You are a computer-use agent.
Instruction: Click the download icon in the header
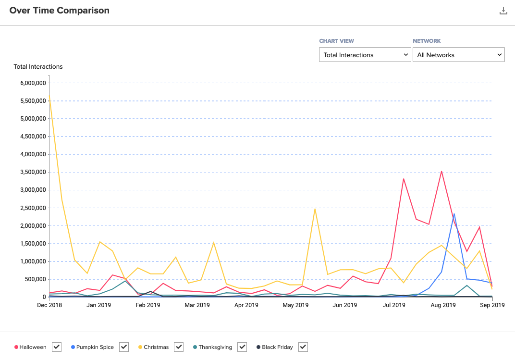(x=503, y=11)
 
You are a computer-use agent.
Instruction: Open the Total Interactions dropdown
(x=364, y=55)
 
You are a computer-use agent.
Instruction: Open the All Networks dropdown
(x=458, y=55)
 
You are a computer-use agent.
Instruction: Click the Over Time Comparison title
(x=60, y=11)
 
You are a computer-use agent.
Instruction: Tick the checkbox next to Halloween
(x=57, y=347)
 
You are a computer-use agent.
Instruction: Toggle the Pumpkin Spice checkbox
(x=124, y=347)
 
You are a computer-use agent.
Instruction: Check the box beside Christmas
(x=179, y=347)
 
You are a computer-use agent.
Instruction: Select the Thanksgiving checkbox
(x=242, y=347)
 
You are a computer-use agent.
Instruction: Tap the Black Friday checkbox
(x=303, y=347)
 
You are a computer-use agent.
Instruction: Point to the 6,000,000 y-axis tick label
(x=30, y=83)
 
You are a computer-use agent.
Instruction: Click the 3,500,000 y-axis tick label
(x=30, y=172)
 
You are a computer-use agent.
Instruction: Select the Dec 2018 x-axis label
(x=49, y=305)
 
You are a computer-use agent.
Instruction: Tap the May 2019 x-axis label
(x=295, y=305)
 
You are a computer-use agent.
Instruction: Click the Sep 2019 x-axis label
(x=492, y=305)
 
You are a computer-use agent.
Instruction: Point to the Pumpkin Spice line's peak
(x=454, y=214)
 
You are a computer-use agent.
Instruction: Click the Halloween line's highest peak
(x=441, y=171)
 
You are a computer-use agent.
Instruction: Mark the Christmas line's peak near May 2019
(x=315, y=209)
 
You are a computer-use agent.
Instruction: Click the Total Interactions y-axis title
(x=38, y=67)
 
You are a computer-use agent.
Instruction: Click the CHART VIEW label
(x=336, y=41)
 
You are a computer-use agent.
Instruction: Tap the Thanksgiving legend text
(x=215, y=347)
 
